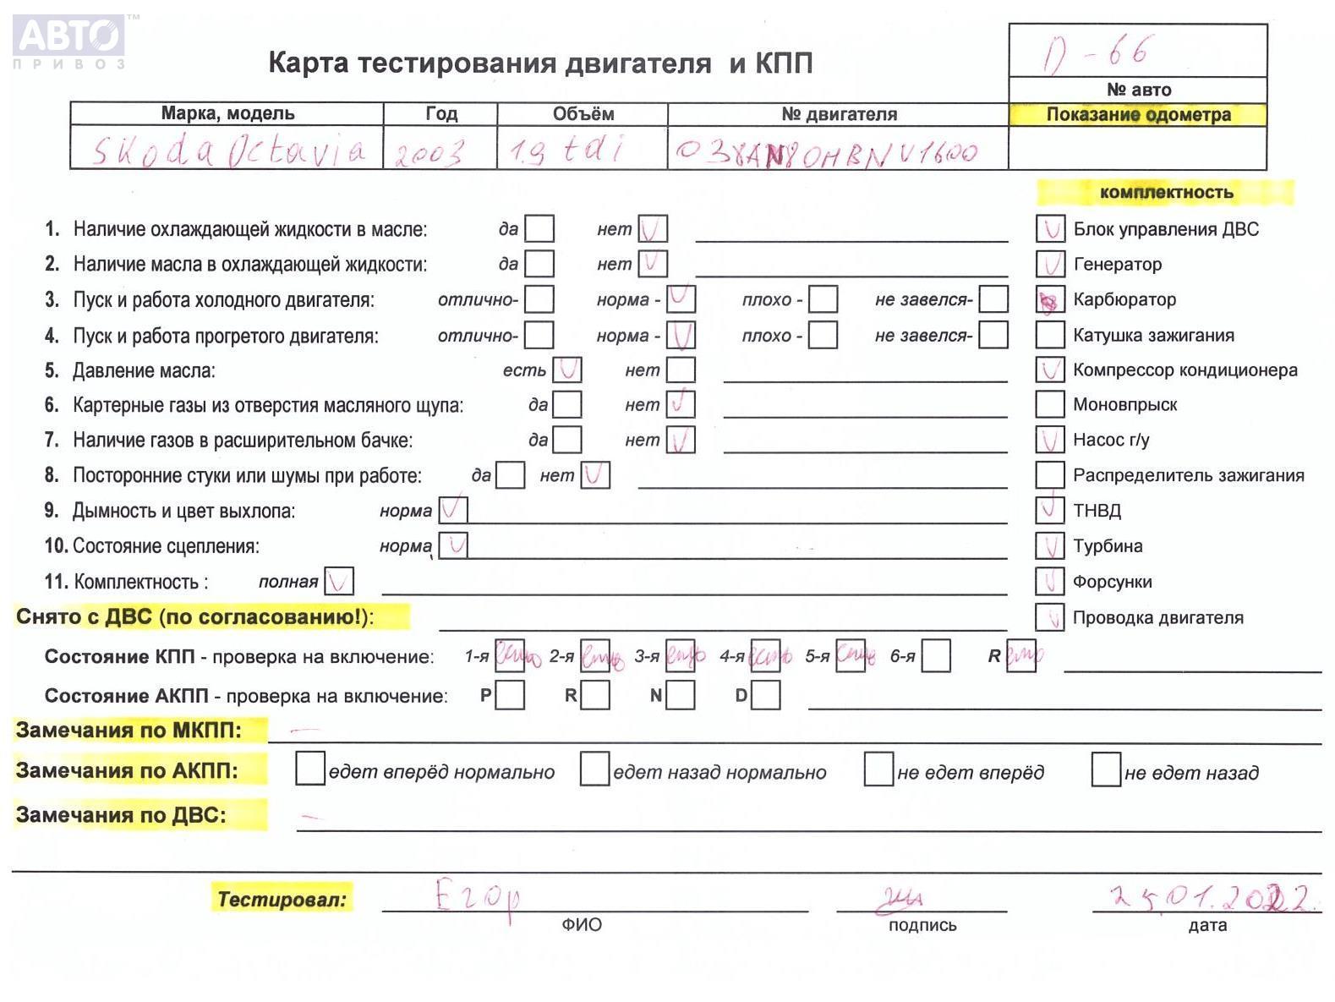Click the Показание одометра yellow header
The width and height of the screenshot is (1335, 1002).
(1137, 114)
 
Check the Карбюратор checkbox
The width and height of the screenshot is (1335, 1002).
(1049, 300)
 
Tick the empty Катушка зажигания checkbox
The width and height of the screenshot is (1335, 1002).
(1049, 335)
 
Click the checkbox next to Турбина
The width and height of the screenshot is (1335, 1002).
(1049, 546)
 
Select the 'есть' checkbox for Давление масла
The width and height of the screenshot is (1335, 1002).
(566, 370)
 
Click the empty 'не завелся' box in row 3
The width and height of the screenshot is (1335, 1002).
(993, 299)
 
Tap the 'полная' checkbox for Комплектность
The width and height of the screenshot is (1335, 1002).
(338, 582)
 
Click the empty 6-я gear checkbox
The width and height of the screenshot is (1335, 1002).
(935, 656)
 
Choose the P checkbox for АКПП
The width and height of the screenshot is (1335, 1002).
(510, 696)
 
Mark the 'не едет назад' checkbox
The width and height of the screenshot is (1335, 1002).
(1106, 769)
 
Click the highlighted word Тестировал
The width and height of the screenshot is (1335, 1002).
(282, 899)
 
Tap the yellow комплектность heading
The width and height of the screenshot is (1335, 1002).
(1165, 193)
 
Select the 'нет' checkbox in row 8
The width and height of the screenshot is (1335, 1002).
(594, 475)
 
